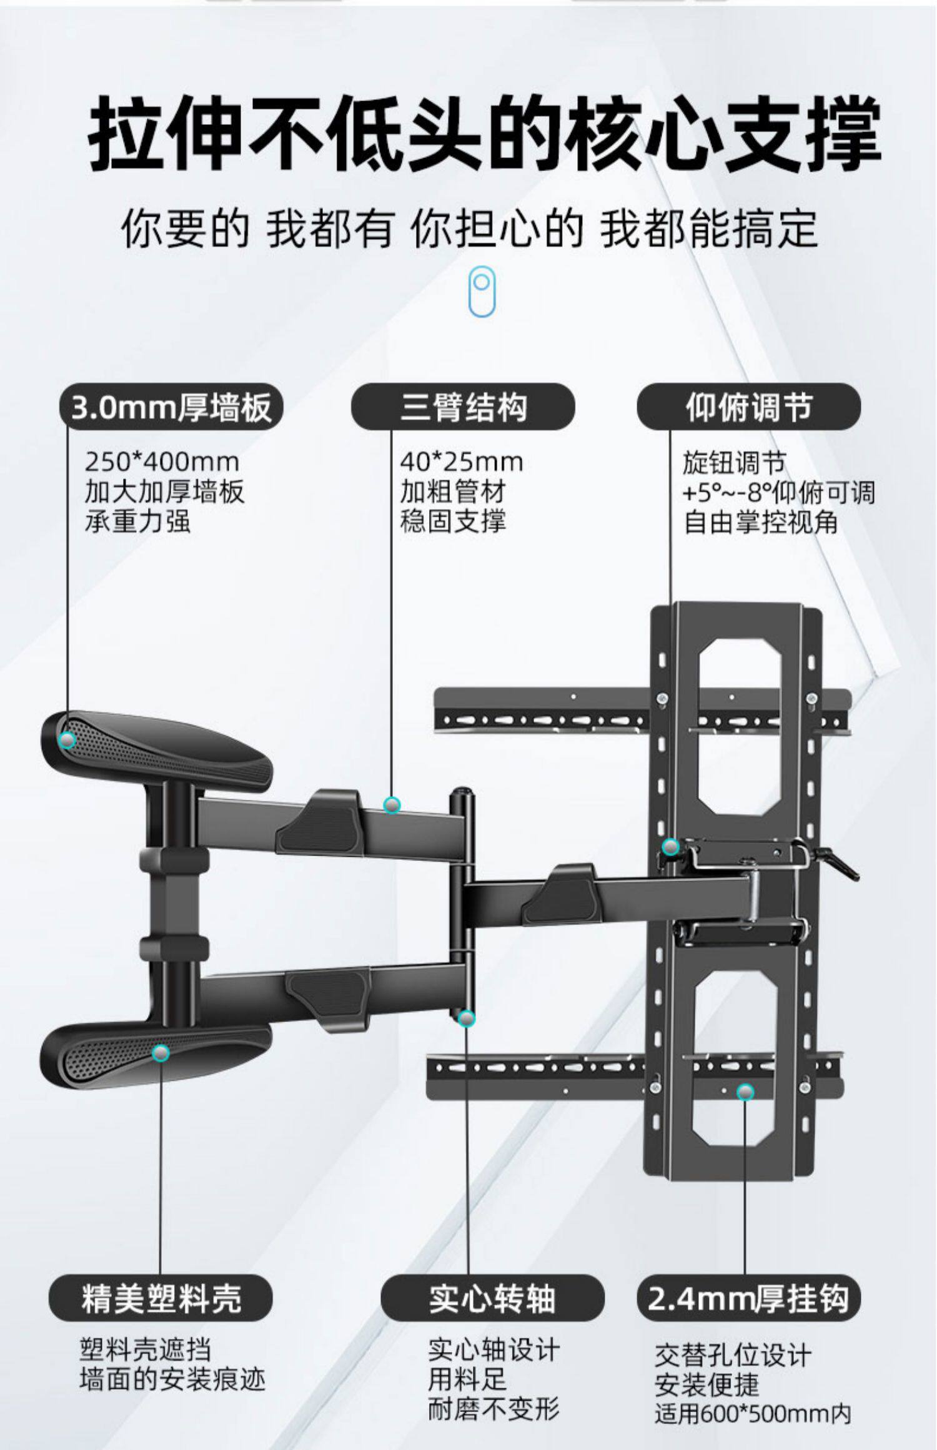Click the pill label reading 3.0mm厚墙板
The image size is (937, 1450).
[171, 407]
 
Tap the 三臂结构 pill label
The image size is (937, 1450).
[463, 407]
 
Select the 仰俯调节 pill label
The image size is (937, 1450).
[748, 407]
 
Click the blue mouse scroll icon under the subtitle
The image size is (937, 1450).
[482, 291]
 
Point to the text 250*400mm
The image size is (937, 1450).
[162, 463]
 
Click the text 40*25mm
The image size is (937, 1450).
[462, 463]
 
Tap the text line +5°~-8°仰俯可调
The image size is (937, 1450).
[778, 493]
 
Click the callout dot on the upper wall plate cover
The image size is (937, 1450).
[67, 740]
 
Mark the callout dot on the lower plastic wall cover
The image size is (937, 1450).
[161, 1053]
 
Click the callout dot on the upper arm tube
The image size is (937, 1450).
[392, 805]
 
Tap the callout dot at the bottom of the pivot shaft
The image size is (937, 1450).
[466, 1018]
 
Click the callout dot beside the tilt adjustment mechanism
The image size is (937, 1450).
[670, 847]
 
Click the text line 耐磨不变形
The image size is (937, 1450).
[493, 1408]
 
